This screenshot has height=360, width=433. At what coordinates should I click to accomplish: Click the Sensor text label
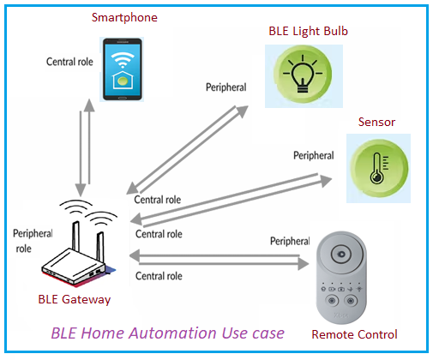click(376, 122)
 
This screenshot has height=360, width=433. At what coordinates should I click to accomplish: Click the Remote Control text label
click(354, 333)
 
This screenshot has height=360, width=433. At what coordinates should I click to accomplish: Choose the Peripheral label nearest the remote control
click(288, 242)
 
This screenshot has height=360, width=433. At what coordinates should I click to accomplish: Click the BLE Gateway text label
click(74, 298)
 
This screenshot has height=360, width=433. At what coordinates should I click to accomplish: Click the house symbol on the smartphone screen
click(124, 81)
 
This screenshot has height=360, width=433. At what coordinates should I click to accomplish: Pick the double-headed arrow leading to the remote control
click(219, 259)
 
